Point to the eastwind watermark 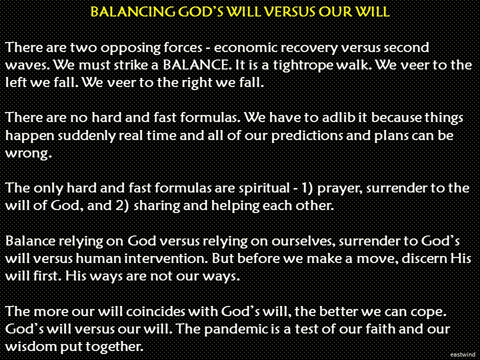[x=462, y=354]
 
